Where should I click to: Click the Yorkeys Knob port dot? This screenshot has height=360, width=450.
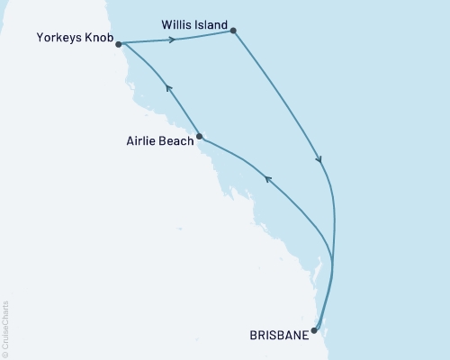tap(119, 43)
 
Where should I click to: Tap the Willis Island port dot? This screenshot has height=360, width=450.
tap(234, 31)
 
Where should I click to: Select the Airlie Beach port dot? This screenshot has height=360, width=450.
tap(199, 138)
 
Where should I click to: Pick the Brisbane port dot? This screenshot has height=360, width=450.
tap(313, 330)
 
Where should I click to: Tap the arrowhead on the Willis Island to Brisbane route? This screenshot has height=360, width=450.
tap(319, 160)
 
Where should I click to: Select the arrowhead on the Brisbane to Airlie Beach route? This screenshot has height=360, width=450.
tap(267, 180)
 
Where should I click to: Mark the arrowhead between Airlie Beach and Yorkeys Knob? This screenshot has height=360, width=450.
tap(166, 88)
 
